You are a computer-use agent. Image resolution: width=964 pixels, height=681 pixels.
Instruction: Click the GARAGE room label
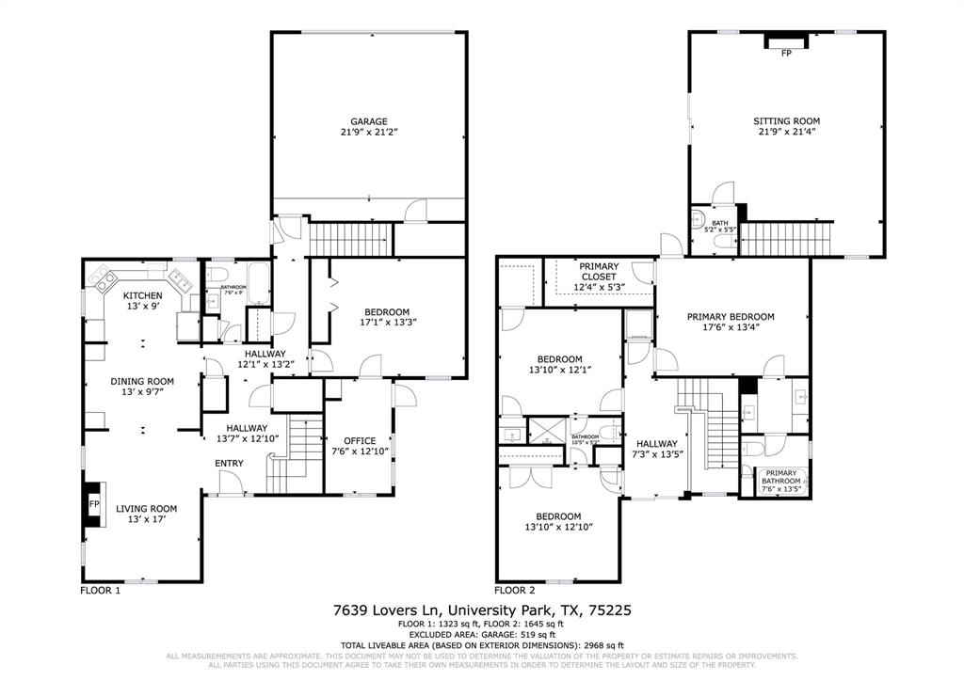coord(369,121)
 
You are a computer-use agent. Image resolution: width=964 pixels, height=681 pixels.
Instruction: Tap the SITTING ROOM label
coord(786,121)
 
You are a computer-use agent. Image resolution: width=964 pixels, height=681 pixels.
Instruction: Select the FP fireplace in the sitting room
coord(786,53)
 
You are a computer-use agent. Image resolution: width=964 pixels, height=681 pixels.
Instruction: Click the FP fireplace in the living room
coord(94,504)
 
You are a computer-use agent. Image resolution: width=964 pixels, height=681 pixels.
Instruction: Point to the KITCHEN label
coord(143,296)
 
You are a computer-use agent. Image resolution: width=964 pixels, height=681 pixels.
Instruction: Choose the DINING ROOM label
coord(142,382)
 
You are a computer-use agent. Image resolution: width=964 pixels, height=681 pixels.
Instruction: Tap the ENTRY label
coord(229,463)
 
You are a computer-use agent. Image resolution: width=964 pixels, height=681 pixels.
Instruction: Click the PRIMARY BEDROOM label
coord(731,317)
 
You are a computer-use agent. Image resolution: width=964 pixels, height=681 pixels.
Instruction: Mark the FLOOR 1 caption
coord(102,591)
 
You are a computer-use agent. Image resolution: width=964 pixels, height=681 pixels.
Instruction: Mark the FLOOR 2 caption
coord(514,591)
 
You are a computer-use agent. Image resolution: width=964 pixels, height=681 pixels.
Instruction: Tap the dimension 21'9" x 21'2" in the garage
coord(369,135)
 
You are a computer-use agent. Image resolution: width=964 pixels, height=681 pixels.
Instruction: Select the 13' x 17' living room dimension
coord(146,521)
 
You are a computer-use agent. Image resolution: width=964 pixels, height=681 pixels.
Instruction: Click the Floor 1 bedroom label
coord(387,311)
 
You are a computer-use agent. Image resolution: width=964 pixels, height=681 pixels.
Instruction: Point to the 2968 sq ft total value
coord(600,645)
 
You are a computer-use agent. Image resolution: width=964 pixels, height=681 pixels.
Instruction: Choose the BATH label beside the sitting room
coord(720,223)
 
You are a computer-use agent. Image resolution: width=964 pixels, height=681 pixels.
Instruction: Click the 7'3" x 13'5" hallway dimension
coord(656,457)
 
